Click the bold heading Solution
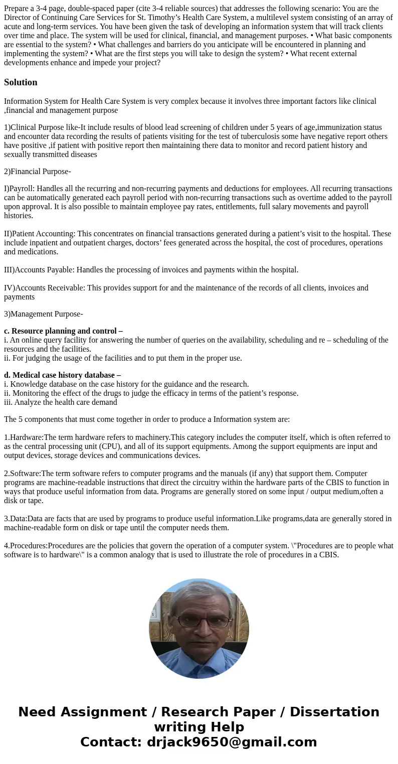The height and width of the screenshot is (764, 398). (x=21, y=82)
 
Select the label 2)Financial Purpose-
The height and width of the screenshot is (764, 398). (x=38, y=172)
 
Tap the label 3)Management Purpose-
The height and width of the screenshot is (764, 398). (x=44, y=314)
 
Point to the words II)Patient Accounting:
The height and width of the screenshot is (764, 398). (x=40, y=234)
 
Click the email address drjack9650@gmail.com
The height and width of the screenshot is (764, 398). (x=232, y=742)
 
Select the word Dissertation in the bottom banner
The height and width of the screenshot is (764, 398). (x=334, y=712)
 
